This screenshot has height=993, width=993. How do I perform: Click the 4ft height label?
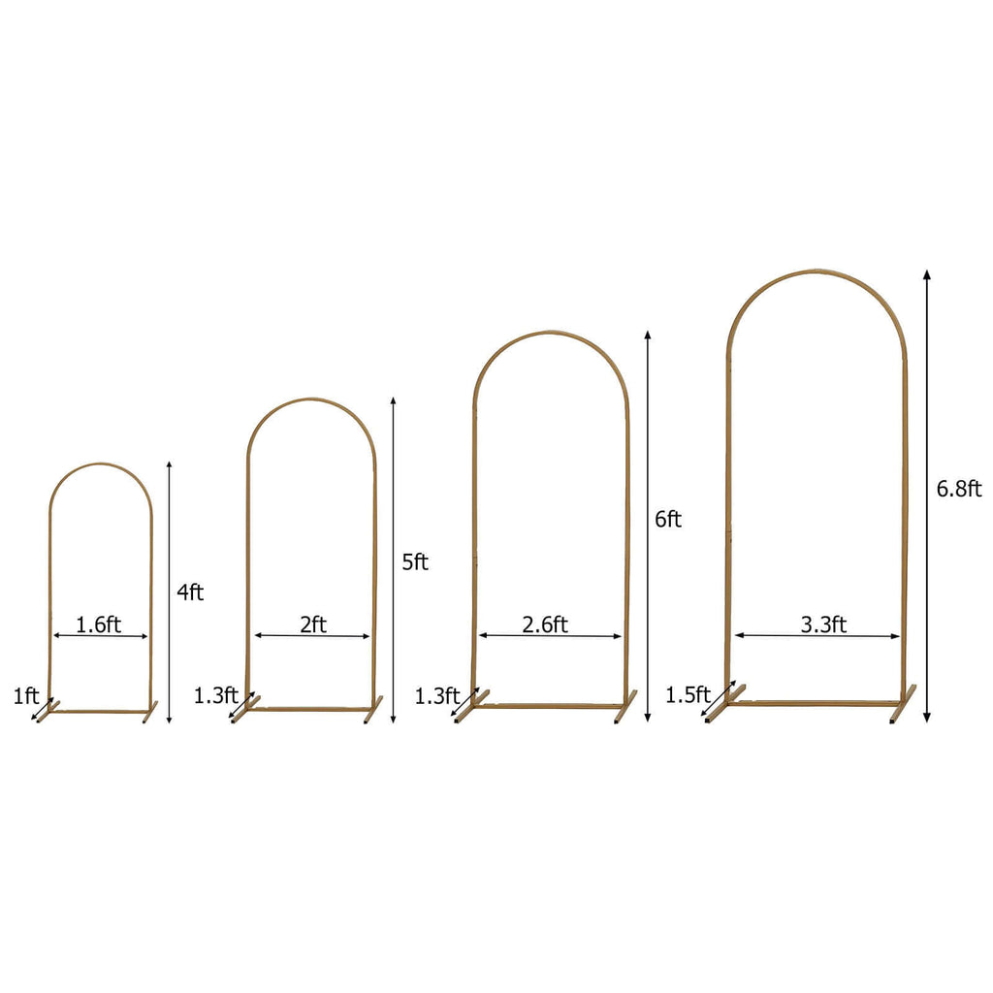190,592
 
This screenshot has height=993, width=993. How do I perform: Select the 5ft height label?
415,561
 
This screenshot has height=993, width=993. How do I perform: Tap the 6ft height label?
668,520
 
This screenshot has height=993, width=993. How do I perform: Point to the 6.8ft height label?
959,489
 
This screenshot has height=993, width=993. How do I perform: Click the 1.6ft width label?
99,625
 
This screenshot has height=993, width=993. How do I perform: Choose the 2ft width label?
312,625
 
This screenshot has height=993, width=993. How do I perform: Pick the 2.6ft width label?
545,625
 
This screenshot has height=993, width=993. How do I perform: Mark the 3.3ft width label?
824,625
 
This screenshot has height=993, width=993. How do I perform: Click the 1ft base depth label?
26,695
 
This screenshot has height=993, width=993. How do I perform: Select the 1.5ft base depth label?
688,694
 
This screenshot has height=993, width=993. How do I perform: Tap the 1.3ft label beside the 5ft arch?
215,694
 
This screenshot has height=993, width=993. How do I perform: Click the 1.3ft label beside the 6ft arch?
437,695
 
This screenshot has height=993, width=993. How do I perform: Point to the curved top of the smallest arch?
100,465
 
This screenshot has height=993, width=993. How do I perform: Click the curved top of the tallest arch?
815,272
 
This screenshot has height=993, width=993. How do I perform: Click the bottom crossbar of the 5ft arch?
310,709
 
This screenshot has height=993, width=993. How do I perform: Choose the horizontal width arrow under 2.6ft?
550,637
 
